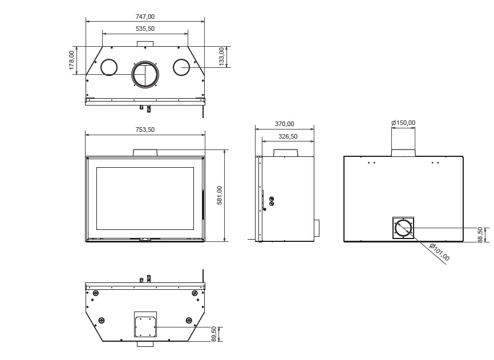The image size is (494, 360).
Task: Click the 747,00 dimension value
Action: (x=145, y=17)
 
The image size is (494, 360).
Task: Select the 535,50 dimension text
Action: (x=145, y=29)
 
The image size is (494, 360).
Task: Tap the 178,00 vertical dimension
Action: (x=72, y=60)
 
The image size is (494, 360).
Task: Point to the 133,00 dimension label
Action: (x=221, y=56)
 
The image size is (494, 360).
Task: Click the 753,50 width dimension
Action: (x=145, y=130)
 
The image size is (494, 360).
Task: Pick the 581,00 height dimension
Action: (x=220, y=195)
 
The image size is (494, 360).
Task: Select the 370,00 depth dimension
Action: (x=285, y=124)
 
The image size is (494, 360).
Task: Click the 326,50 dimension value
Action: (x=288, y=137)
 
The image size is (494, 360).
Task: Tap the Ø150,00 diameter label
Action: (x=403, y=123)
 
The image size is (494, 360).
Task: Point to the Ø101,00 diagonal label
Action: (x=439, y=252)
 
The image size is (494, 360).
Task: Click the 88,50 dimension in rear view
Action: (x=480, y=234)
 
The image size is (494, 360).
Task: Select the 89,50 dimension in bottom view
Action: (x=214, y=334)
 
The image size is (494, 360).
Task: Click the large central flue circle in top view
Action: (x=145, y=74)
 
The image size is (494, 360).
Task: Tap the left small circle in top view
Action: (x=109, y=67)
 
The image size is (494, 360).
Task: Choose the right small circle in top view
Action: (x=181, y=67)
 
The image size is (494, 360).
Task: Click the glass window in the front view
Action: (x=145, y=199)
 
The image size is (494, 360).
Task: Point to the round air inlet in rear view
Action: (x=403, y=228)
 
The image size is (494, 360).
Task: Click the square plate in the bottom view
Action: (x=145, y=326)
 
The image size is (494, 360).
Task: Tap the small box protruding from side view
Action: (x=317, y=228)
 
